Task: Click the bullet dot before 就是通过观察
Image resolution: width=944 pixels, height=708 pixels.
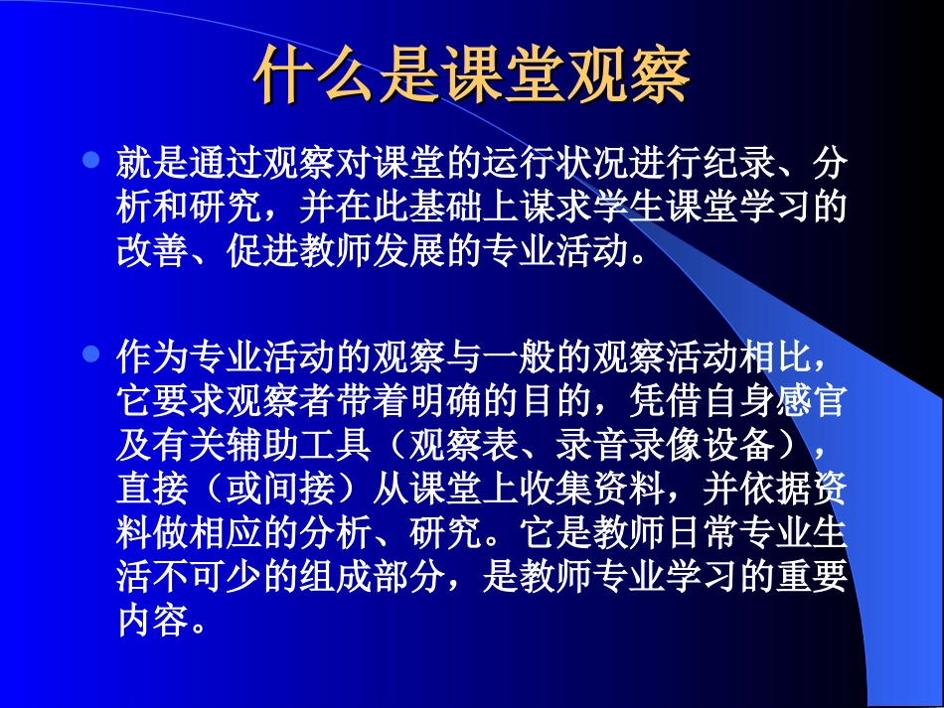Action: [91, 158]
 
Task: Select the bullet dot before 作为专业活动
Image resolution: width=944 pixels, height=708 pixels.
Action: [91, 353]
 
